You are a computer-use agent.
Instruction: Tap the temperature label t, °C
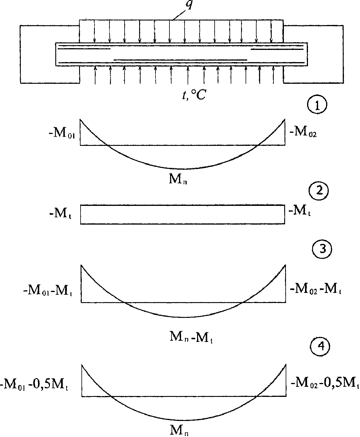click(194, 96)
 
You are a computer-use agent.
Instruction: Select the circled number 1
click(317, 106)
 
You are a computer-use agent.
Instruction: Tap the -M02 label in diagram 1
click(303, 133)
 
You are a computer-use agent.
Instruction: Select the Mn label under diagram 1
click(178, 179)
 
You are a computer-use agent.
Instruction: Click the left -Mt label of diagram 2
click(60, 214)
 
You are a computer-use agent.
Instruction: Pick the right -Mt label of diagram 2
click(300, 211)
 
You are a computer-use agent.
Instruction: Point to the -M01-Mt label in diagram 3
click(48, 290)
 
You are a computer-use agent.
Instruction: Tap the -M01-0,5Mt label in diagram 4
click(35, 386)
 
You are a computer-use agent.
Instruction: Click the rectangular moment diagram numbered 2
click(182, 214)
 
